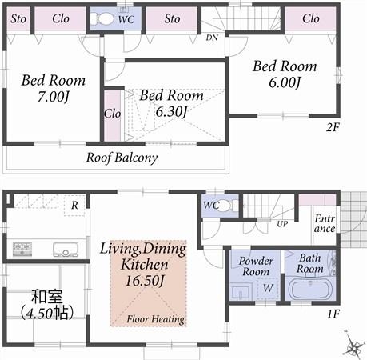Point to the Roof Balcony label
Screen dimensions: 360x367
click(122, 158)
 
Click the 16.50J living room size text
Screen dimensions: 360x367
click(145, 280)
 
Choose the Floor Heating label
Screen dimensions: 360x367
click(156, 319)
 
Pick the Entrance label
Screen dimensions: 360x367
click(324, 224)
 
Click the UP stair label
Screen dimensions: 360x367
click(282, 223)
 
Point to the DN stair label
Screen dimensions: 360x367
click(212, 38)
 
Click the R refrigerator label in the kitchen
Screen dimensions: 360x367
click(73, 205)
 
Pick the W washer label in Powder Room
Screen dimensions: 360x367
click(269, 287)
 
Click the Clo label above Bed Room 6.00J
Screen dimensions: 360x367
click(310, 18)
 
